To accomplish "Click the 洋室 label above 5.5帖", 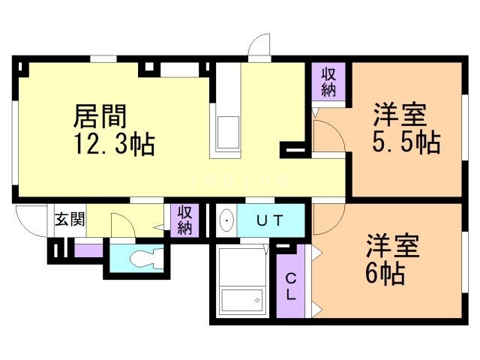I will (x=400, y=116).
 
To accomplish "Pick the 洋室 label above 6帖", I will (x=392, y=247).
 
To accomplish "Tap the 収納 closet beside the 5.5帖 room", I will (x=328, y=82).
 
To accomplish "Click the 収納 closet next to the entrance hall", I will (x=184, y=220).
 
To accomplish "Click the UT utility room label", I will (x=268, y=220).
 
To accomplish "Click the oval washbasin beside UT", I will (x=226, y=220).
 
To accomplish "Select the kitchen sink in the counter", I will (x=227, y=133).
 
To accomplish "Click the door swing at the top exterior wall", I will (x=259, y=46).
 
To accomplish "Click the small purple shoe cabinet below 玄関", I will (x=89, y=250).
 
